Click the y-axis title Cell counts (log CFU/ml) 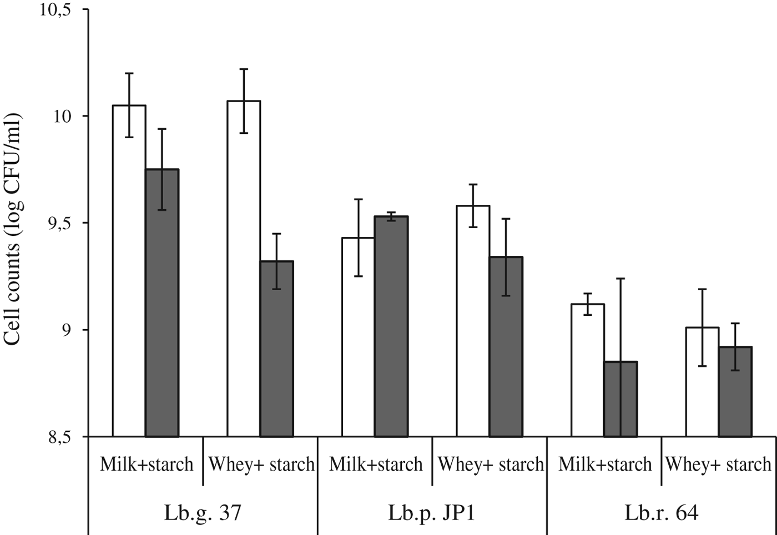(13, 230)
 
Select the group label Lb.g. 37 (203, 512)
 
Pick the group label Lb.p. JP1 (432, 512)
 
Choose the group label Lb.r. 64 (661, 512)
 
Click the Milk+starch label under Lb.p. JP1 (376, 464)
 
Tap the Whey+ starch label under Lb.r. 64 (718, 464)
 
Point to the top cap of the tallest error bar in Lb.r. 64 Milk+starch (620, 279)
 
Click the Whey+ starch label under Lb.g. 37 (261, 464)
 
